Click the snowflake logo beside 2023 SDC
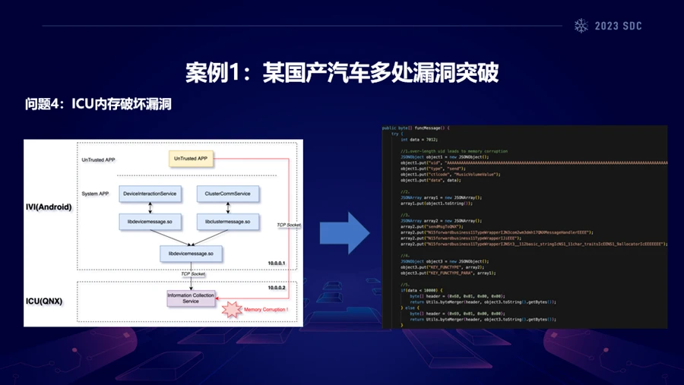[581, 26]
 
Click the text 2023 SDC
[618, 26]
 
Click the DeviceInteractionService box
[150, 194]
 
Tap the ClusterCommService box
[227, 194]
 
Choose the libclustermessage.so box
[227, 221]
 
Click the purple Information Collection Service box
[191, 298]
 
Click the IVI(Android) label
[50, 207]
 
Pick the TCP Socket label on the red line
[288, 225]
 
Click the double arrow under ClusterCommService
[227, 207]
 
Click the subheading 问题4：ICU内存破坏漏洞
[98, 104]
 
